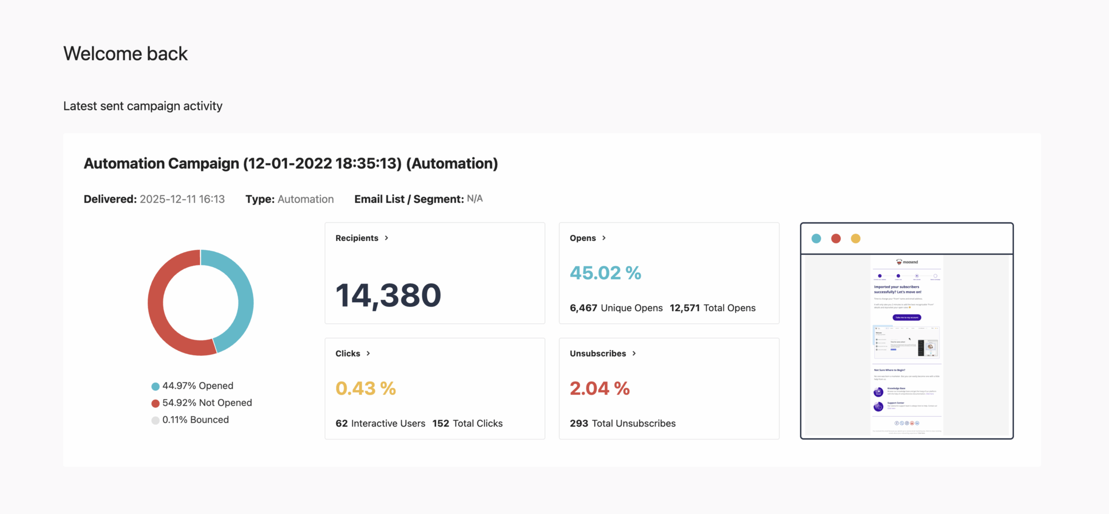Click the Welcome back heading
point(125,54)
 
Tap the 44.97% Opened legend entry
point(192,386)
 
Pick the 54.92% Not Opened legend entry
point(201,403)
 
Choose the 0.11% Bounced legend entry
point(190,420)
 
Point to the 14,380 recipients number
point(388,295)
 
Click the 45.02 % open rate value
point(605,273)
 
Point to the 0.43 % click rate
point(366,388)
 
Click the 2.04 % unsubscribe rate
point(600,388)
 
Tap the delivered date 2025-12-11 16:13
point(182,199)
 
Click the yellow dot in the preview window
point(856,239)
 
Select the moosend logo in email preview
point(907,262)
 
